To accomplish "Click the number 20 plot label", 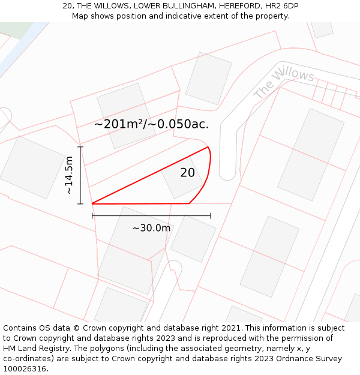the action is pyautogui.click(x=188, y=173).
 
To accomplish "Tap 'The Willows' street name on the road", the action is pyautogui.click(x=284, y=84).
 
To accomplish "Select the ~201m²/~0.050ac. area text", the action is pyautogui.click(x=152, y=124).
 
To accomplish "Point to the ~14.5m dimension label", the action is pyautogui.click(x=69, y=175).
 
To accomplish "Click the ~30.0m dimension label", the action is pyautogui.click(x=151, y=228).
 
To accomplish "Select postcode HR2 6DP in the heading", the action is pyautogui.click(x=281, y=6).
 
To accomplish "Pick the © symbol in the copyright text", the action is pyautogui.click(x=77, y=328).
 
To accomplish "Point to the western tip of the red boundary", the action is pyautogui.click(x=92, y=203).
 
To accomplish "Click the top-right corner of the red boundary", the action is pyautogui.click(x=208, y=147).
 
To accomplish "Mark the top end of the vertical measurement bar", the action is pyautogui.click(x=80, y=146).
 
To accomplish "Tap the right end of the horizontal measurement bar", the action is pyautogui.click(x=211, y=215).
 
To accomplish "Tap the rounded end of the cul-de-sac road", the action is pyautogui.click(x=227, y=174).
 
